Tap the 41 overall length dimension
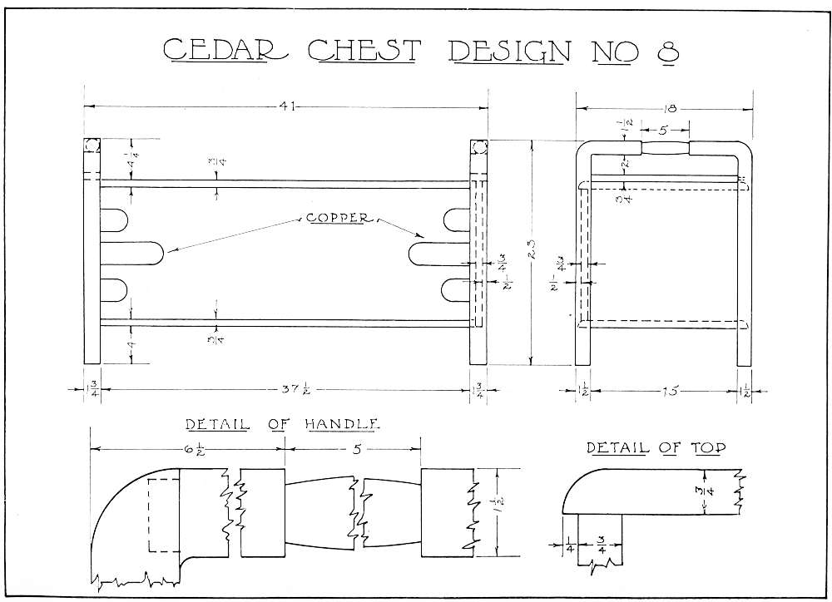pyautogui.click(x=287, y=106)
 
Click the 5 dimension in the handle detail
pyautogui.click(x=354, y=448)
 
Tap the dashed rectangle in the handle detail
pyautogui.click(x=163, y=516)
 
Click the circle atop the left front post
pyautogui.click(x=91, y=147)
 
